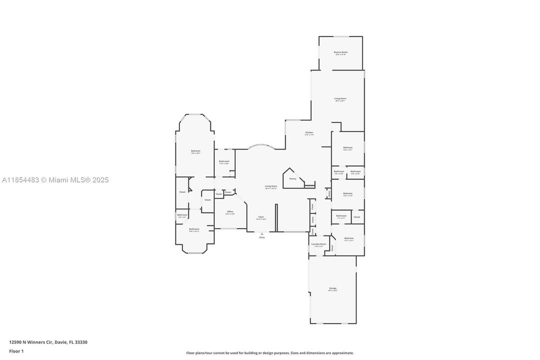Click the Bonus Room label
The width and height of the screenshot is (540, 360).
pos(341,52)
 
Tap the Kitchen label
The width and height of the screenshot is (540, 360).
pos(309,133)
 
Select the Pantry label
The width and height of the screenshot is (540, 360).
pos(293,178)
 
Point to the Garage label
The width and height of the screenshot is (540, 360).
pos(333,288)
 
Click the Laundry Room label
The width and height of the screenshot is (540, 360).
pos(318,244)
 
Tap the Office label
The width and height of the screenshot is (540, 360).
pos(230,212)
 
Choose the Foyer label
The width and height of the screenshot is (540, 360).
pos(261,217)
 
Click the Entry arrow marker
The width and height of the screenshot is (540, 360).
pos(262,233)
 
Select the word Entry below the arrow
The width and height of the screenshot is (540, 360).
pos(262,237)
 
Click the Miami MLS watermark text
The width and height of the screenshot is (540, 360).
pos(55,180)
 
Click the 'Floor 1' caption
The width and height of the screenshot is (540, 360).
pos(16,351)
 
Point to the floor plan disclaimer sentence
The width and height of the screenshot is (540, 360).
pos(270,353)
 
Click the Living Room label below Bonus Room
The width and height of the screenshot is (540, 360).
pos(340,99)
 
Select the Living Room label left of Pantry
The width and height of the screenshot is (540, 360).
pos(271,186)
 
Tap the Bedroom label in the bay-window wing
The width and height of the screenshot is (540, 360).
pos(195,151)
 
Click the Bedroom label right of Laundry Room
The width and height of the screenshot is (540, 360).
pos(349,238)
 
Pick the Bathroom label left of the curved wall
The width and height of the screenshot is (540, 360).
pos(224,161)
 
